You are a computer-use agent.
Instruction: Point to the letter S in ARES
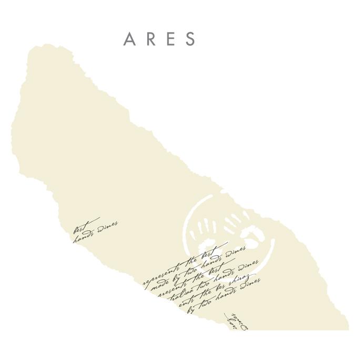click(190, 39)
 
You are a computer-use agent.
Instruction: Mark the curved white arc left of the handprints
click(188, 221)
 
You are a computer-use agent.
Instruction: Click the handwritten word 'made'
click(158, 285)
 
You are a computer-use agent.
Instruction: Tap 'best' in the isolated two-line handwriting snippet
click(80, 227)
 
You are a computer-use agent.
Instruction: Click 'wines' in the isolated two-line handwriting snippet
click(108, 227)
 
